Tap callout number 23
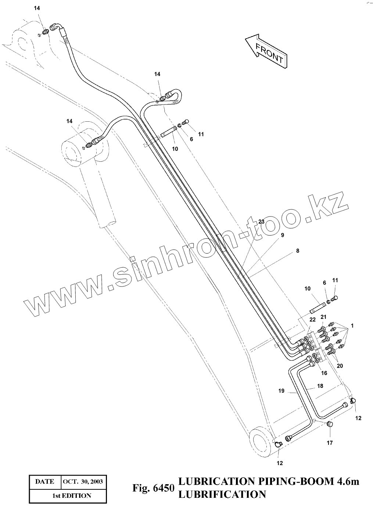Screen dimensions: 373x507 (261, 222)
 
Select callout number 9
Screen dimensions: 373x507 (282, 235)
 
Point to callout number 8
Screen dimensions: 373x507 (297, 251)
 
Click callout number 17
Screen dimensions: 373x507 (330, 443)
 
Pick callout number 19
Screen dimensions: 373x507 (281, 391)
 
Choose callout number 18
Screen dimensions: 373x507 (320, 386)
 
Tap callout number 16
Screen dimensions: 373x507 (324, 373)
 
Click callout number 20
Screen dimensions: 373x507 (340, 366)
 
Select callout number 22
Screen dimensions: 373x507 (312, 319)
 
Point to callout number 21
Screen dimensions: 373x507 (323, 317)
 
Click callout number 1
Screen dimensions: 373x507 (352, 326)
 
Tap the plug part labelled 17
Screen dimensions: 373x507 (330, 425)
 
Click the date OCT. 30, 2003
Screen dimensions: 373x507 (83, 482)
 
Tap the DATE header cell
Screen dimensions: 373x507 (44, 482)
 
